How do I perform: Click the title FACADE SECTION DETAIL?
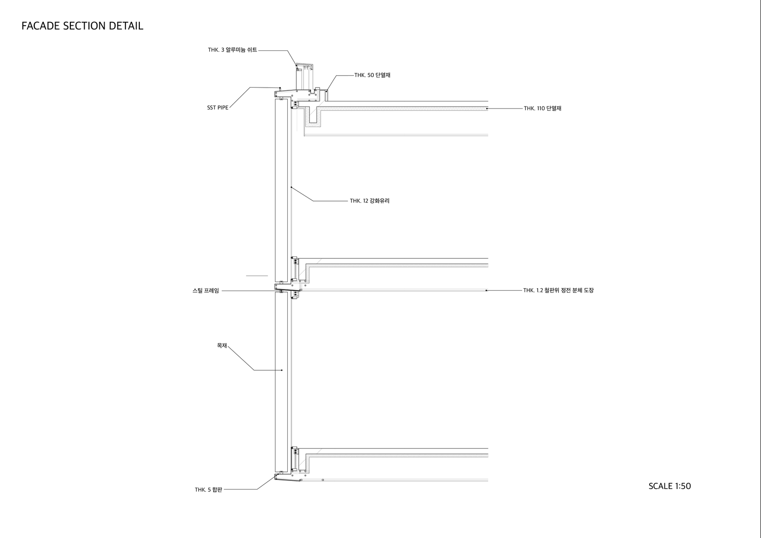coord(82,26)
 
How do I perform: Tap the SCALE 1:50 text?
coord(670,486)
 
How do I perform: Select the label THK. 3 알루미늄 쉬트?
coord(233,50)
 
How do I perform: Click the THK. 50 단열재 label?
coord(372,75)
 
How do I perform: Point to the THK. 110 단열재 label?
coord(543,108)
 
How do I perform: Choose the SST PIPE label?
coord(218,108)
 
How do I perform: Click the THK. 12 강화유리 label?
coord(370,201)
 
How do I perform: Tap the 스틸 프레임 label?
coord(206,291)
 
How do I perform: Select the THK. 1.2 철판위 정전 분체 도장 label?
coord(558,290)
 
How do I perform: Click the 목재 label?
coord(222,345)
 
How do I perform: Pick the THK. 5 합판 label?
coord(208,490)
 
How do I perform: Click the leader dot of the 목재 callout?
coord(282,370)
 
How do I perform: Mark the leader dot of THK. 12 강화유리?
coord(292,187)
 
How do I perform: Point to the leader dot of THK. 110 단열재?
coord(487,108)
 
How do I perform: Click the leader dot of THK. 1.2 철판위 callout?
coord(486,290)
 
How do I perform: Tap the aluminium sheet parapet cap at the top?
coord(304,64)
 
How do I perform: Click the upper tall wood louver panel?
coord(281,190)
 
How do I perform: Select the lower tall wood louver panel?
coord(281,382)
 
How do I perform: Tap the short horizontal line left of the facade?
coord(257,275)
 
